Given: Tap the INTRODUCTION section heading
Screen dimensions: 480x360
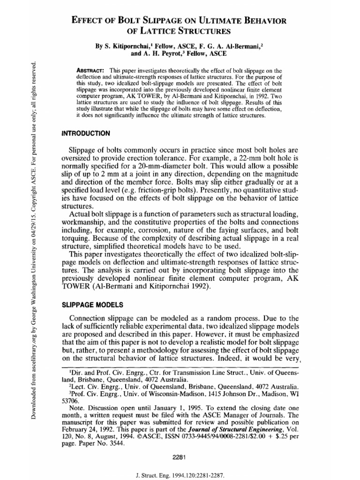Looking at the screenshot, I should (86, 134).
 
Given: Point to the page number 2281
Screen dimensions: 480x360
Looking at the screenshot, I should (180, 444).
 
